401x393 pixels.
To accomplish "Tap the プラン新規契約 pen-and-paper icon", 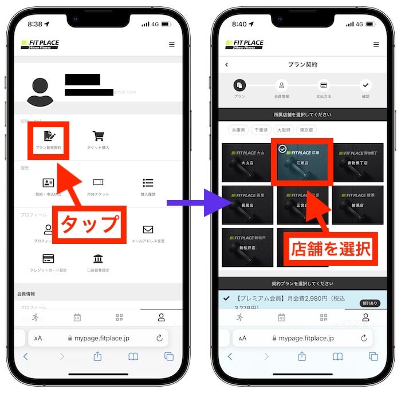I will (x=49, y=136).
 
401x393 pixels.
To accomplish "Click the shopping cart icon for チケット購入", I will (x=99, y=136).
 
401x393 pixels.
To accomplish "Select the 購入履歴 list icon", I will (x=148, y=183).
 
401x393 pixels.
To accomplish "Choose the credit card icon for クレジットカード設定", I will (x=49, y=258).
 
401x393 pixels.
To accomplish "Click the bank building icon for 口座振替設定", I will (x=99, y=258).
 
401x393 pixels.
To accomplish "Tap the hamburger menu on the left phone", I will (x=172, y=44).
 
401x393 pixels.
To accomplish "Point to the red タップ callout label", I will (x=89, y=224).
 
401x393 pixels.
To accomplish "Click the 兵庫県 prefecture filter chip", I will (x=238, y=130).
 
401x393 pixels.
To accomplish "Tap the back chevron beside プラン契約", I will (x=227, y=65).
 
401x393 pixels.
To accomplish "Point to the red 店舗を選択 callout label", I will (x=331, y=249).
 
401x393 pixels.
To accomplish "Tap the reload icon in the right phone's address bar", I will (x=363, y=338).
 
